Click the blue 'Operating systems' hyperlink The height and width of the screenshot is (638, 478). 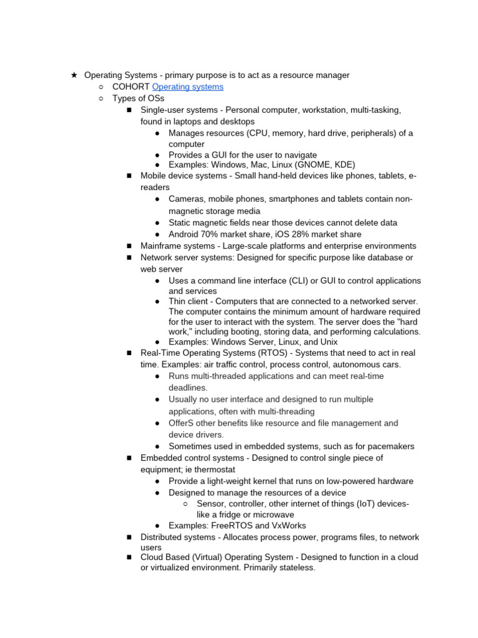tap(187, 87)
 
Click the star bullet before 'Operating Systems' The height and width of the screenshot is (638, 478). tap(73, 75)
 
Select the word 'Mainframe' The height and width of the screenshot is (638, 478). tap(162, 246)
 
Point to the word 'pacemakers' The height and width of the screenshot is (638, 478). tap(389, 446)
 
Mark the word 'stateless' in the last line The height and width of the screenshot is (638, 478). tap(296, 568)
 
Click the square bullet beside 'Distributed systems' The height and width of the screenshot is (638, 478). tap(129, 537)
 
